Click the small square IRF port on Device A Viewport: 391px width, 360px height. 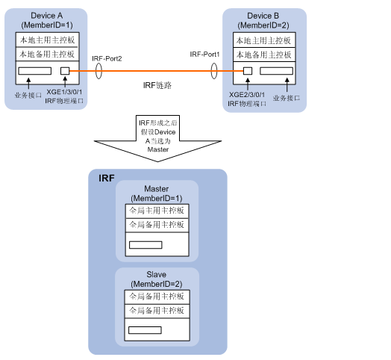[65, 71]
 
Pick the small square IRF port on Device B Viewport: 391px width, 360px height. [247, 71]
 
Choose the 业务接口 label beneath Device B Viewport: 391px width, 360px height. [287, 97]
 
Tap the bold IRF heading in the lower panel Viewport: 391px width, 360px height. [107, 179]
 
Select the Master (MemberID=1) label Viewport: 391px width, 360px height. [156, 193]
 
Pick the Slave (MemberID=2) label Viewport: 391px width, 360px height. [156, 280]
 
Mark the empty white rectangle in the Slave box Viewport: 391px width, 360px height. [145, 329]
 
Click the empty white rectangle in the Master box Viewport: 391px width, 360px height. [145, 244]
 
